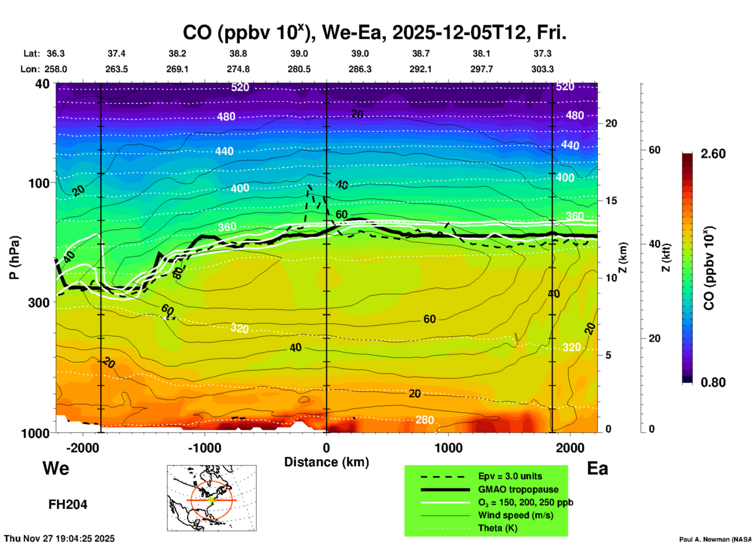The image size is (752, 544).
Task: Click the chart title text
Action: click(374, 32)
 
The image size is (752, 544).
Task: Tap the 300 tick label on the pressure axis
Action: click(39, 302)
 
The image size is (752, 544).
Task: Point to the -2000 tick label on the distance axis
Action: click(82, 448)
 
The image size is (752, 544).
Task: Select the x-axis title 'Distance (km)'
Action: click(326, 462)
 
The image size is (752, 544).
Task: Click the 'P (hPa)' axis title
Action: click(14, 258)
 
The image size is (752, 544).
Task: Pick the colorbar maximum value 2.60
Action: click(713, 154)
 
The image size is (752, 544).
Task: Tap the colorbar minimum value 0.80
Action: click(713, 382)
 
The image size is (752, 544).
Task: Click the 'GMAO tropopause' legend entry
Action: click(518, 489)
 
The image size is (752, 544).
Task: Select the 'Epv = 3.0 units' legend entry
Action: click(510, 476)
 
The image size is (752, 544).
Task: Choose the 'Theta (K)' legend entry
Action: click(497, 528)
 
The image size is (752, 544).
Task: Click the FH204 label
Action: click(68, 505)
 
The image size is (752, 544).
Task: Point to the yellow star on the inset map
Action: click(212, 500)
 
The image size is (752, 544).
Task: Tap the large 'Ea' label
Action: click(597, 469)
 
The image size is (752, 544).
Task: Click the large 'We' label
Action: click(56, 468)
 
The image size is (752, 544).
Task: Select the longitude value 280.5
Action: click(299, 69)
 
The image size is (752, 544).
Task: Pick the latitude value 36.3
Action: click(55, 53)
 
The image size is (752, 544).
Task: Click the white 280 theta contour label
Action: click(424, 420)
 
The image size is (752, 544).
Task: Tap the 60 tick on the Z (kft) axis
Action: click(654, 150)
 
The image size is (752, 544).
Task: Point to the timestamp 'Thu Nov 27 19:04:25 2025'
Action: click(59, 539)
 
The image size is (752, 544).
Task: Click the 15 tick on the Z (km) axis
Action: click(611, 201)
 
